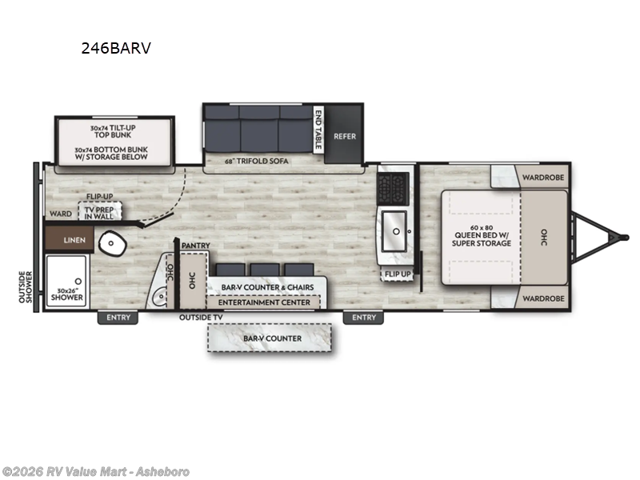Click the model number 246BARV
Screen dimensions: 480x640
(x=115, y=48)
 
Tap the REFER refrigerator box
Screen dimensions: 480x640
(x=345, y=136)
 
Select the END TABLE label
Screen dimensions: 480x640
(x=318, y=130)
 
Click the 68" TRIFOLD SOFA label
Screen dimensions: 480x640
(x=257, y=161)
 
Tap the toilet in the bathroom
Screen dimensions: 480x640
(x=110, y=242)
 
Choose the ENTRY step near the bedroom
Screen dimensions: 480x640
(x=363, y=318)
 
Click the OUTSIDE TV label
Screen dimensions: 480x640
(x=202, y=318)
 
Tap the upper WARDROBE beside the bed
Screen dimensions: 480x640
(x=544, y=177)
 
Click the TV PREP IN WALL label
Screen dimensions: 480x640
(x=101, y=212)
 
